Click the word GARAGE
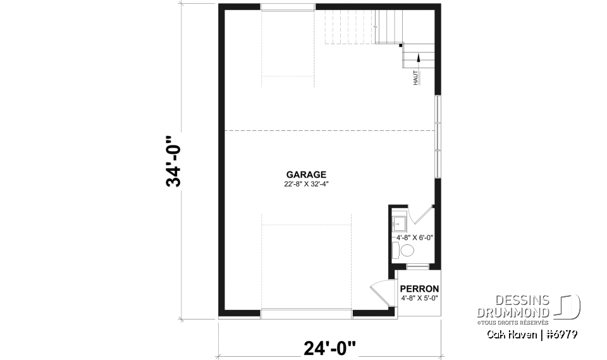pyautogui.click(x=306, y=174)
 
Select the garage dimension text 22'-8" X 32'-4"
pyautogui.click(x=306, y=184)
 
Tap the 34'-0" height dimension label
pyautogui.click(x=173, y=161)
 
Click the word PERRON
pyautogui.click(x=419, y=289)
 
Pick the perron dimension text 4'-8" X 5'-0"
pyautogui.click(x=419, y=297)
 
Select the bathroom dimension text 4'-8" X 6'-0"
pyautogui.click(x=414, y=238)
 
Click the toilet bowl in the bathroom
pyautogui.click(x=407, y=251)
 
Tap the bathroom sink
pyautogui.click(x=398, y=223)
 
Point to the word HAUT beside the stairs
pyautogui.click(x=415, y=78)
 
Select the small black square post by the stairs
pyautogui.click(x=401, y=46)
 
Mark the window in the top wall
pyautogui.click(x=288, y=7)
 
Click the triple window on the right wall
pyautogui.click(x=438, y=135)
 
